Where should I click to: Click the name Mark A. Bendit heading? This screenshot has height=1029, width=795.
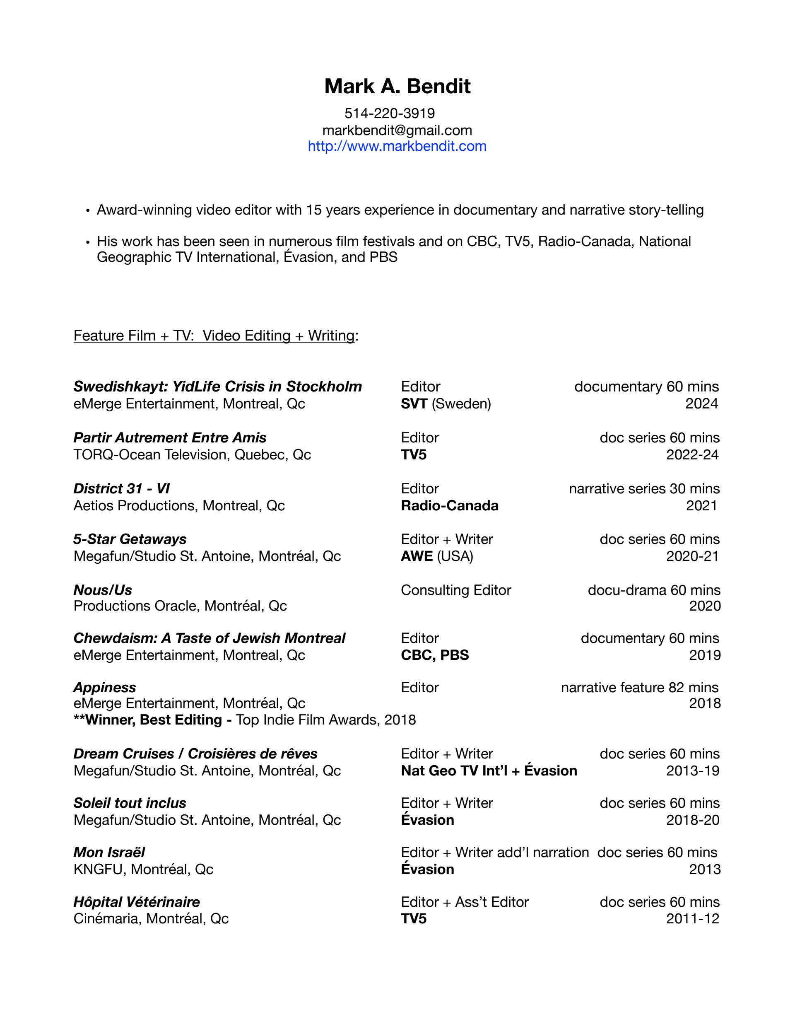[397, 86]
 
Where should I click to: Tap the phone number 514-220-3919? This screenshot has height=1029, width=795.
[390, 113]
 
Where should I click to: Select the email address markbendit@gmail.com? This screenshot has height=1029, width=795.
[397, 130]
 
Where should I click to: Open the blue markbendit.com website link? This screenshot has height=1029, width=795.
[397, 146]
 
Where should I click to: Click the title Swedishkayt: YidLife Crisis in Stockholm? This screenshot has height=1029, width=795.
[217, 386]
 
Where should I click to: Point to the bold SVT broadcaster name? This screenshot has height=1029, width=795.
[414, 404]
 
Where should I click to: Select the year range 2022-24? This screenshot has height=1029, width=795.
[692, 455]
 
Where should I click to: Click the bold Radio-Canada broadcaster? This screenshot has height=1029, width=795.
[449, 505]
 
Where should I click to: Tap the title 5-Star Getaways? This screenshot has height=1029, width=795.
[130, 539]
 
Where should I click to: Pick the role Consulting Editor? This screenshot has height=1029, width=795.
[455, 590]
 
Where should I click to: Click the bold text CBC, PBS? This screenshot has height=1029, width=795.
[435, 655]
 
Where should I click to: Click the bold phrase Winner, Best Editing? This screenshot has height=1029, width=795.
[153, 720]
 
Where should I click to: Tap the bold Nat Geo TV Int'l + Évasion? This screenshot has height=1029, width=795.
[489, 771]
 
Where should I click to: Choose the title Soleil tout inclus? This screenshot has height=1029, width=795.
[130, 803]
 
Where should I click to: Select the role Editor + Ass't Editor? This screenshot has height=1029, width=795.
[465, 902]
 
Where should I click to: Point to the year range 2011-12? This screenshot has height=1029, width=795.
[692, 918]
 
